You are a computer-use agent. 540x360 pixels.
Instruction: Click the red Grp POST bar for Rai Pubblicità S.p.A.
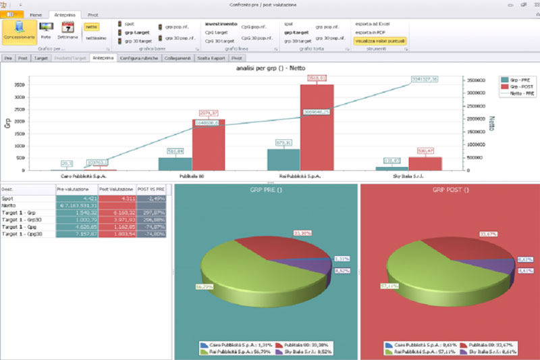312,128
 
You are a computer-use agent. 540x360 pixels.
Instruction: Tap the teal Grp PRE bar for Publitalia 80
175,164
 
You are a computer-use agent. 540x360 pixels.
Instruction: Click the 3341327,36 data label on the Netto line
425,80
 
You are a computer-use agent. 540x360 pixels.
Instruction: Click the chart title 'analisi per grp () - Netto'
269,69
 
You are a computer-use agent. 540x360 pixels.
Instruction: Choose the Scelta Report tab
211,59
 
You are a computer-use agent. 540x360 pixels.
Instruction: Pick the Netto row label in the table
9,205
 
